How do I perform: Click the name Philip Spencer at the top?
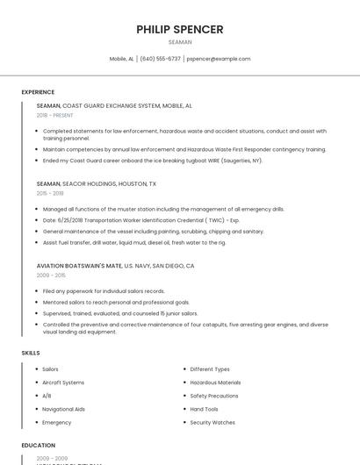(x=180, y=29)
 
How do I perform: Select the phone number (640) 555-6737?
(x=161, y=59)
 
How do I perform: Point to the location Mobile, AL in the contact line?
(x=121, y=59)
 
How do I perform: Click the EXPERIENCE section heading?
(x=38, y=92)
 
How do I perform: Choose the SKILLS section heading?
(x=31, y=353)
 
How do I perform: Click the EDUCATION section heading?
(x=39, y=446)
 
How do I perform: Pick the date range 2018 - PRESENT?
(x=55, y=115)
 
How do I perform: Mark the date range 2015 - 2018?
(x=50, y=193)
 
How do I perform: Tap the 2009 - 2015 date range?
(x=51, y=275)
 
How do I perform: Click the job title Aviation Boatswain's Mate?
(x=79, y=265)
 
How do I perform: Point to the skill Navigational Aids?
(x=63, y=409)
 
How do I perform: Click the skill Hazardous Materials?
(x=215, y=383)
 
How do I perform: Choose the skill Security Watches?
(x=212, y=422)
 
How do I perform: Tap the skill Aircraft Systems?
(x=63, y=383)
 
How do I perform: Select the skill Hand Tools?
(x=205, y=409)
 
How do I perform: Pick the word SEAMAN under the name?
(x=180, y=42)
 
